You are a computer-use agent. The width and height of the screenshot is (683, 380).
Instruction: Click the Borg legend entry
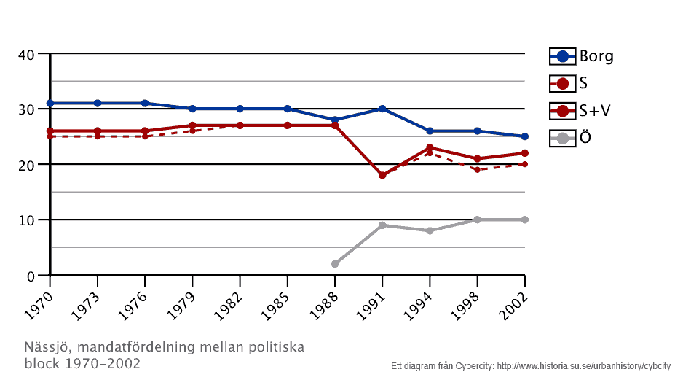581,56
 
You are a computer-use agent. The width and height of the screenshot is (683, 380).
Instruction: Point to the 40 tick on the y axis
26,54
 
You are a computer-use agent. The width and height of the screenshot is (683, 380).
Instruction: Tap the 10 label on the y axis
26,220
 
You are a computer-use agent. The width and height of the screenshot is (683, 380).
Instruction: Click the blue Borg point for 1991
382,109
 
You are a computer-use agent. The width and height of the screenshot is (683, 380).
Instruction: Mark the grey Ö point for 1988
335,264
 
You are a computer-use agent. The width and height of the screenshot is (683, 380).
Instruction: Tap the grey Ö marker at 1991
382,225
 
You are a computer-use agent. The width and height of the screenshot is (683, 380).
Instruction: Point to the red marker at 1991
382,175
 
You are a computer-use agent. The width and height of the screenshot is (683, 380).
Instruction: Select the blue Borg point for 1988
335,120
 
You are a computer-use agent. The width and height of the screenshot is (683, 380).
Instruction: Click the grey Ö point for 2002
524,220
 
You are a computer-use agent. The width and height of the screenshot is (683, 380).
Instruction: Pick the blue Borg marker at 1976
145,104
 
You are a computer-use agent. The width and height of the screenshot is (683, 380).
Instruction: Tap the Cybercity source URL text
583,365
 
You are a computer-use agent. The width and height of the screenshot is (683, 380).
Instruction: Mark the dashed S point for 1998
477,169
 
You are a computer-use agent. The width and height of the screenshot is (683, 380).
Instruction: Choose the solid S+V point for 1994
430,147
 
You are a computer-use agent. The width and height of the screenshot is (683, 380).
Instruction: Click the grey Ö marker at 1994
430,230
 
